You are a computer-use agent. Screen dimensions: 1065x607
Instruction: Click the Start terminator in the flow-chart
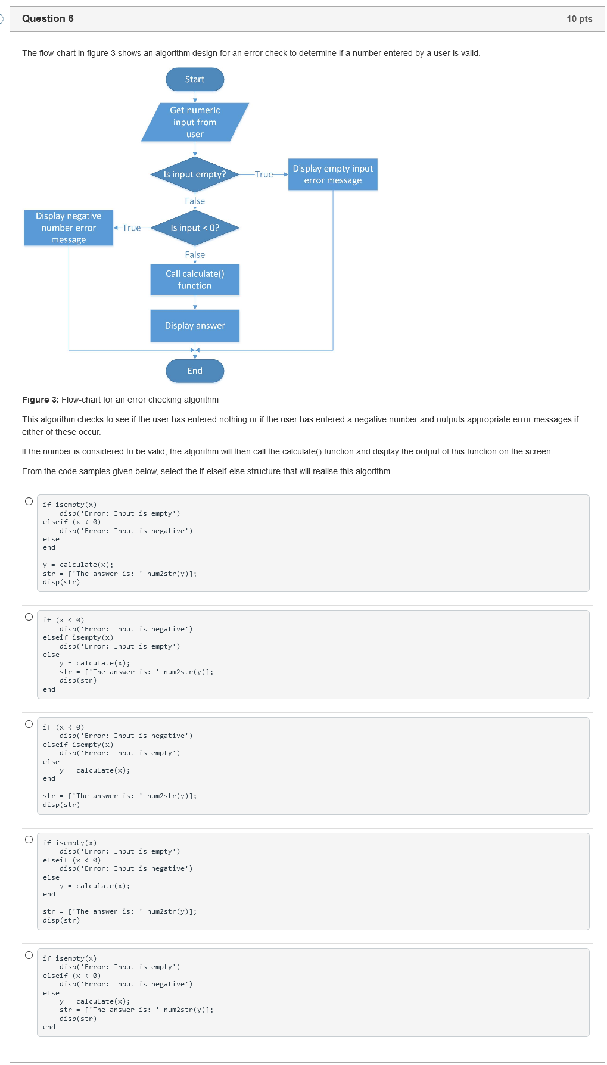tap(195, 79)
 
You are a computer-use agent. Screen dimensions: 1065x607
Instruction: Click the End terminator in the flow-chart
tap(195, 370)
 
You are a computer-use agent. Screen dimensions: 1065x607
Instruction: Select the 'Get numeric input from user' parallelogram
tap(195, 122)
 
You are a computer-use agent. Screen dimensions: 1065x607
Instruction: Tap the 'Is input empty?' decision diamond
tap(195, 175)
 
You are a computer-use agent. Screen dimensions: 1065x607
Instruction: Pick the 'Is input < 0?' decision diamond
tap(195, 228)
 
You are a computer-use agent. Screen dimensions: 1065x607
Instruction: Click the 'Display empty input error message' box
tap(332, 175)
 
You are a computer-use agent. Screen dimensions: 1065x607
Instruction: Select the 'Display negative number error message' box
tap(69, 228)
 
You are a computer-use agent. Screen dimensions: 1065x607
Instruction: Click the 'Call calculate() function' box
tap(195, 279)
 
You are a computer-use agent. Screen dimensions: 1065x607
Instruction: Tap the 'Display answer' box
tap(195, 325)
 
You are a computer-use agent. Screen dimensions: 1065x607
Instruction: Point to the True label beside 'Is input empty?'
tap(264, 175)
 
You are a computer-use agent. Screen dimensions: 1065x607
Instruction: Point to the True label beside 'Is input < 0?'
tap(132, 228)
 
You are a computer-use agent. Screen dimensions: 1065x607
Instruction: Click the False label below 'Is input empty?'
tap(195, 201)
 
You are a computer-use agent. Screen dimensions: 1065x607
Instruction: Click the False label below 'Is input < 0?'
tap(195, 255)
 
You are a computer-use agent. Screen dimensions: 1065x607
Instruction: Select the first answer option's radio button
tap(29, 501)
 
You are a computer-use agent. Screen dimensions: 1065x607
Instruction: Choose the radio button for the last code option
tap(29, 955)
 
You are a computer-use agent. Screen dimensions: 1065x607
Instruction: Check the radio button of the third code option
tap(29, 724)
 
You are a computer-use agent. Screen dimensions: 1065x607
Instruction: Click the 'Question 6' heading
tap(48, 18)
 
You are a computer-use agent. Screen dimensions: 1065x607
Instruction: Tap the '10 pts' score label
tap(579, 19)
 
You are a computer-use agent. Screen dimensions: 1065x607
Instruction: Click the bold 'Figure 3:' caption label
tap(41, 400)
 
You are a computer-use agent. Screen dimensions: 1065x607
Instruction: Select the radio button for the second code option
tap(29, 616)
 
